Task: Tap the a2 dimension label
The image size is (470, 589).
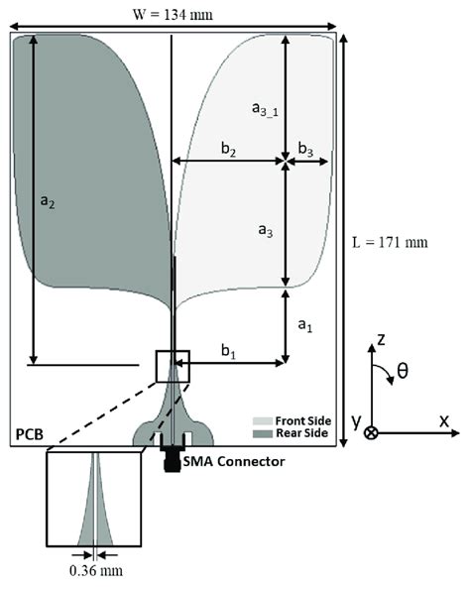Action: pyautogui.click(x=47, y=200)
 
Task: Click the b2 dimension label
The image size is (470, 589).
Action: pyautogui.click(x=228, y=149)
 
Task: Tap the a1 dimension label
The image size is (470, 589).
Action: pyautogui.click(x=305, y=324)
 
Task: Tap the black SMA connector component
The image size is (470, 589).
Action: pyautogui.click(x=173, y=459)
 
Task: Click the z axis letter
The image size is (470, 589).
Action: pyautogui.click(x=380, y=339)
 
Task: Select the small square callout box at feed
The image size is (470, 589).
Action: pyautogui.click(x=172, y=366)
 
